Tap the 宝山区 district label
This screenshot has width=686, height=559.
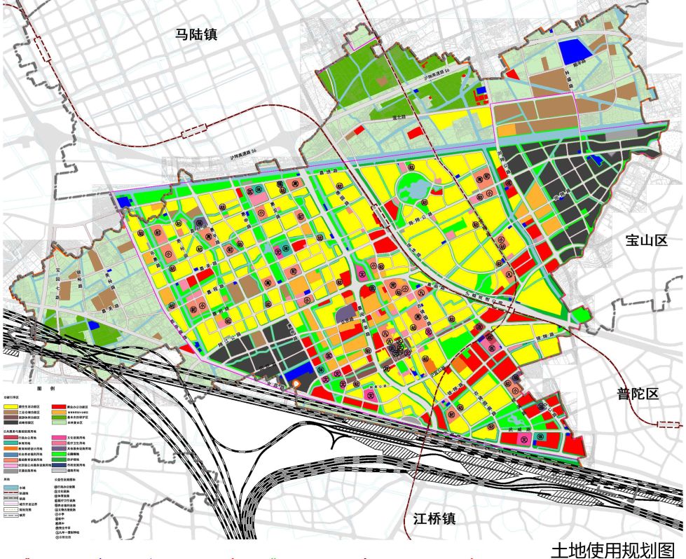click(x=645, y=241)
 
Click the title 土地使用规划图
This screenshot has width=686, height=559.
click(x=617, y=549)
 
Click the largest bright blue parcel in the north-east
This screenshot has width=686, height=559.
click(x=575, y=51)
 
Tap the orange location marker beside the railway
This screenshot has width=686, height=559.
click(x=297, y=384)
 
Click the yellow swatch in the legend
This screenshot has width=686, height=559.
click(x=12, y=406)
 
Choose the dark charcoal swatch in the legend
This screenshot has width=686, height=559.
click(x=12, y=423)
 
